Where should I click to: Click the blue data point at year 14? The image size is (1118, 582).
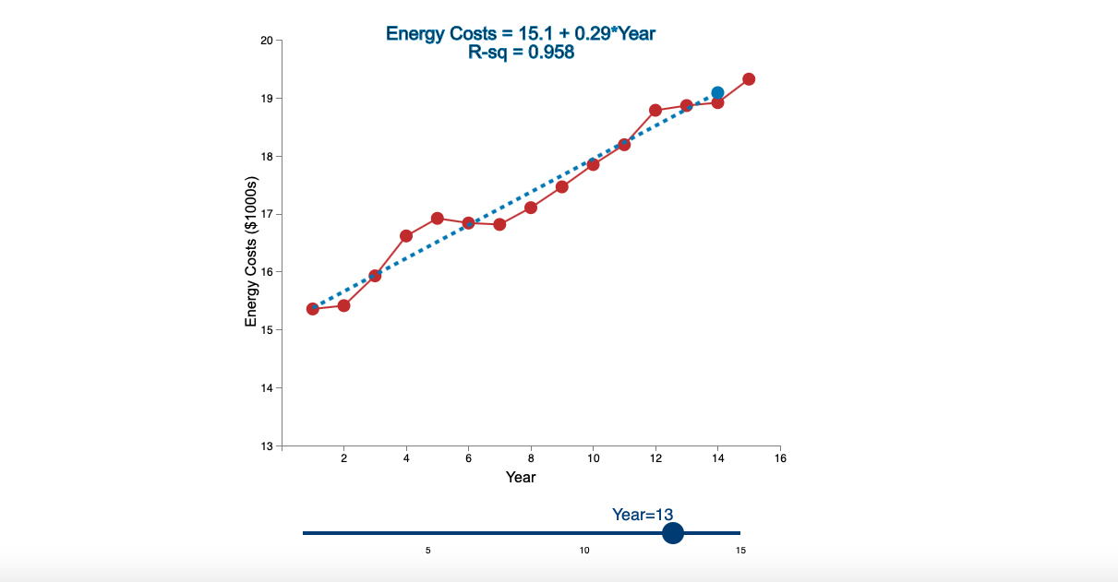coord(717,93)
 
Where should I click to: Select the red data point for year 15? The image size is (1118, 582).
coord(749,79)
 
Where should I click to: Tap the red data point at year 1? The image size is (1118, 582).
coord(313,309)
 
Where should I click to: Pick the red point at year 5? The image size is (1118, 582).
coord(438,219)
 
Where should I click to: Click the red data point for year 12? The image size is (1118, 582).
coord(655,111)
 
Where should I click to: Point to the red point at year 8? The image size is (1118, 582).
coord(531,208)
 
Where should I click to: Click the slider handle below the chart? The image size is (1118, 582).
coord(673,533)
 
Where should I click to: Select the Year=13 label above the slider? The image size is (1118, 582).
coord(643,515)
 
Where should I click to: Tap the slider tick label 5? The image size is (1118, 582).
coord(427,551)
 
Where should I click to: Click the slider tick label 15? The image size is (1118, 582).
coord(740,551)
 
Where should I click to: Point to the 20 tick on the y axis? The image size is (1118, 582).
coord(267,41)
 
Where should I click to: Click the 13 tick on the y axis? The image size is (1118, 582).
coord(267,445)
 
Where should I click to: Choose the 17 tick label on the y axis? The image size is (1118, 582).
coord(267,214)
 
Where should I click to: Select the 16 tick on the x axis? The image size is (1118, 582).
coord(780,458)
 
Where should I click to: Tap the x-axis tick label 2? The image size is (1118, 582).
coord(344,458)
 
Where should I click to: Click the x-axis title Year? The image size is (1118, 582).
coord(521,477)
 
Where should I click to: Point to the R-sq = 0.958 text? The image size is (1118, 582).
coord(521,53)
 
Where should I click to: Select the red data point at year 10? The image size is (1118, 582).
coord(593,164)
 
